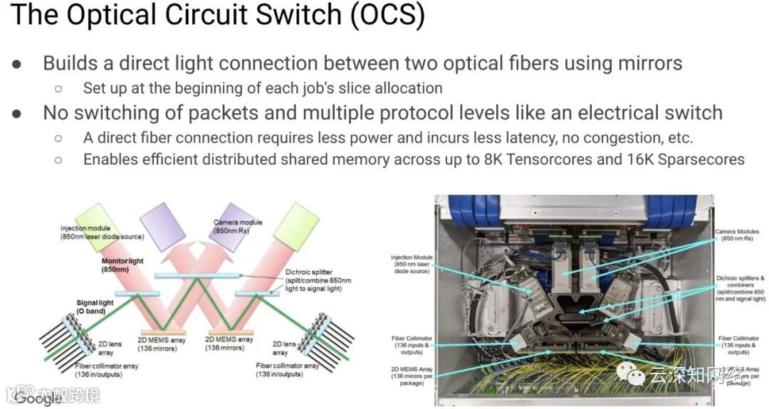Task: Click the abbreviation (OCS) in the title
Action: click(x=388, y=16)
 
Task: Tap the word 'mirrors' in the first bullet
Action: click(x=644, y=63)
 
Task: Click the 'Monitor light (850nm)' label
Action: click(x=122, y=266)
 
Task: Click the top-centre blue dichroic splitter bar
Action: click(x=197, y=276)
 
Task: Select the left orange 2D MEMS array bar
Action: click(x=163, y=332)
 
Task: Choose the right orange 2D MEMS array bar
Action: click(x=226, y=332)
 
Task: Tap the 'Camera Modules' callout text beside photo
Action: click(x=736, y=235)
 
